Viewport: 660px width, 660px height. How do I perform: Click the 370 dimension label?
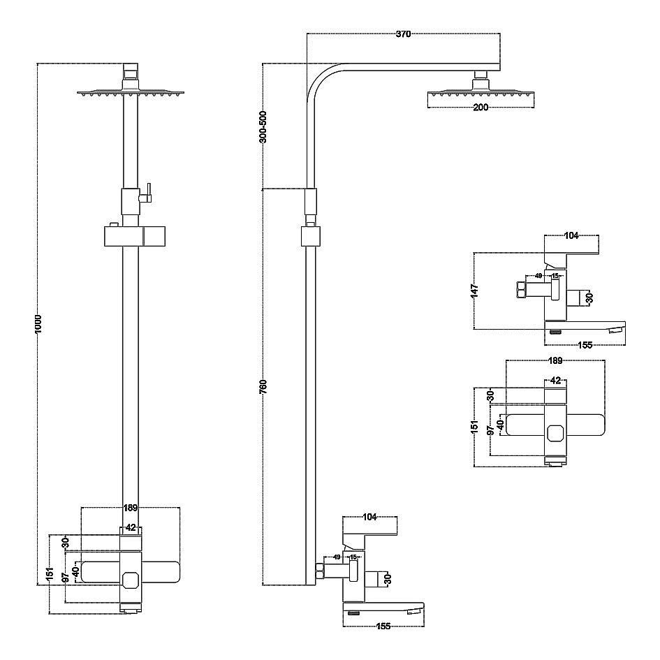click(403, 34)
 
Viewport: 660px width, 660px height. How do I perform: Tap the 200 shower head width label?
click(480, 107)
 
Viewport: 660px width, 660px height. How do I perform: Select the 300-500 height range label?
click(263, 126)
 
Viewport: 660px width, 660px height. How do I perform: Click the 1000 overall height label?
click(39, 323)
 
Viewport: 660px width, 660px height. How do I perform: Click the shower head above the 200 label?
click(480, 94)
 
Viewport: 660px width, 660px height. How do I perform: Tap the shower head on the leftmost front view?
click(131, 91)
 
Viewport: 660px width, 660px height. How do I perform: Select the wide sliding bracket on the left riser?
click(131, 235)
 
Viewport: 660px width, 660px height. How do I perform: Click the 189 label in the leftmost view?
click(131, 508)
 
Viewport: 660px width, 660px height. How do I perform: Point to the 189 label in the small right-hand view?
click(555, 361)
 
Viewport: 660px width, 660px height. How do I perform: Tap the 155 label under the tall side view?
click(383, 626)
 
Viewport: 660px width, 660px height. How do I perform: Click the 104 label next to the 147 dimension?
click(571, 236)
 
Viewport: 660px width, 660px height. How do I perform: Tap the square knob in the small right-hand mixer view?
click(555, 434)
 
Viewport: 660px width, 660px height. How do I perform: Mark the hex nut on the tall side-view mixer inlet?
click(320, 571)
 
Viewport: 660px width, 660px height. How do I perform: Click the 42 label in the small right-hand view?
click(555, 381)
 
